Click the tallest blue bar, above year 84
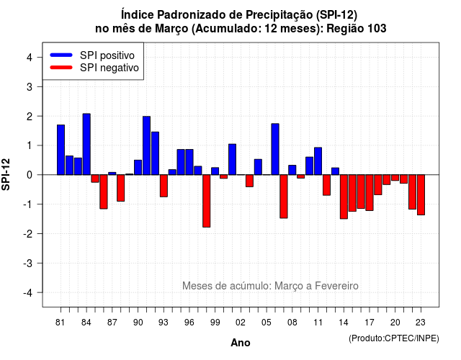86,144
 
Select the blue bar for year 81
61,150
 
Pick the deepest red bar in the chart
207,201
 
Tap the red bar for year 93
164,186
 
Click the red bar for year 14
344,197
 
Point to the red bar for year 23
421,195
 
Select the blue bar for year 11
318,161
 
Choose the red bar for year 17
370,193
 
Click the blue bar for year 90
138,168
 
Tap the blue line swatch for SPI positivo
61,55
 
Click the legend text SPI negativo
109,68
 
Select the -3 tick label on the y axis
28,264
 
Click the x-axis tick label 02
241,323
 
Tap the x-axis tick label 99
215,323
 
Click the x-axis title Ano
241,343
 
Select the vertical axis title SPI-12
6,174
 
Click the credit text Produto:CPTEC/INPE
394,338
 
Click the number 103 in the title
377,29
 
